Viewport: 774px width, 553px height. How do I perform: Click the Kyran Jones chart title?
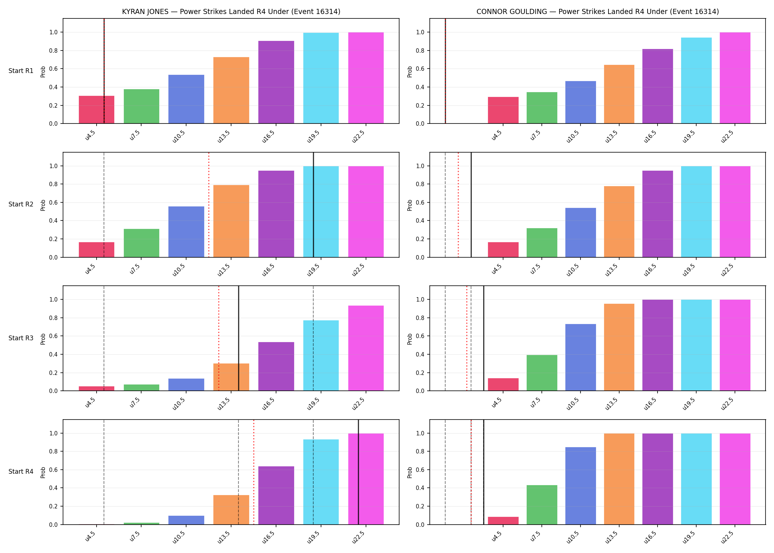231,11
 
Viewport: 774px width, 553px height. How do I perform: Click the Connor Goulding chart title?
597,11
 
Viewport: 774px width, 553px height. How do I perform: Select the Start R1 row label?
21,71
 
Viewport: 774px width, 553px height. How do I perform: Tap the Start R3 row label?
21,338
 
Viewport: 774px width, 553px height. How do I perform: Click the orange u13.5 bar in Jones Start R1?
231,90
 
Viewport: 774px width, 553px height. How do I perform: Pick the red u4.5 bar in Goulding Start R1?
503,110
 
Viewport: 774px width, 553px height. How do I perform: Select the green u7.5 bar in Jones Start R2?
142,243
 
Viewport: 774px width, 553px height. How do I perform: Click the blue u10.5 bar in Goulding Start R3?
580,357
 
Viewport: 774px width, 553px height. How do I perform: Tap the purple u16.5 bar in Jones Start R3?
276,366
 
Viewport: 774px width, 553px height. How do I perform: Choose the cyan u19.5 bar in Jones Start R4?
321,482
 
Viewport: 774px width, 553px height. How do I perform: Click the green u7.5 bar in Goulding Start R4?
542,505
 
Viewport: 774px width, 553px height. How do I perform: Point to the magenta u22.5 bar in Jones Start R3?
366,348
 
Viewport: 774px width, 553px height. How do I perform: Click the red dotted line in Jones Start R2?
209,205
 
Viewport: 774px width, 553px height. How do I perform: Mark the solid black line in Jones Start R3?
238,338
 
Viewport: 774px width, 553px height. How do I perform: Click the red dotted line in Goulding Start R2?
458,205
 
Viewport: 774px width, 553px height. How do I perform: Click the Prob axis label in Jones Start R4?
43,472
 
